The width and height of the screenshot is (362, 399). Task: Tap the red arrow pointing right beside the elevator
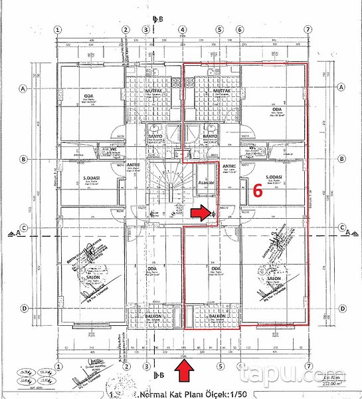pos(199,213)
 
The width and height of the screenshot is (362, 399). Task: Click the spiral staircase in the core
pos(164,187)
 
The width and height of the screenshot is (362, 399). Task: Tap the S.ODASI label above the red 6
pos(274,177)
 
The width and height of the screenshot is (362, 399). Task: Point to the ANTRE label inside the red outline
pos(229,166)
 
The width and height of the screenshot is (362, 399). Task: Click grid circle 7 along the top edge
pos(308,29)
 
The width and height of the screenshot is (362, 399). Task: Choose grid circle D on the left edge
pos(23,308)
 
